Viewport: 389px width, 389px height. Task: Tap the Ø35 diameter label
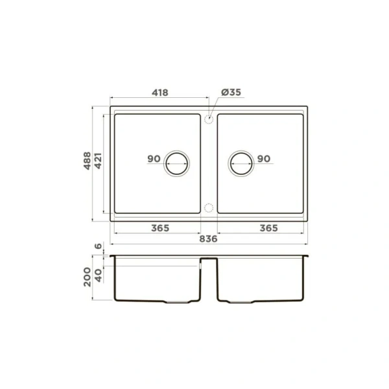pos(231,93)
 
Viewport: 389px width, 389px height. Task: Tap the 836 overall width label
pos(207,239)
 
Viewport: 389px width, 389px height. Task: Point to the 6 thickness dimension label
pos(98,247)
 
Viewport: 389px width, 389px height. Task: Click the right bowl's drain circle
pos(241,163)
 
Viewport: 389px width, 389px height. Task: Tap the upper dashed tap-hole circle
pos(209,119)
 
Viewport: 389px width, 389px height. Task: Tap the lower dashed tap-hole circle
pos(209,207)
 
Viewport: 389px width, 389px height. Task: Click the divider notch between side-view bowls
pos(209,261)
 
